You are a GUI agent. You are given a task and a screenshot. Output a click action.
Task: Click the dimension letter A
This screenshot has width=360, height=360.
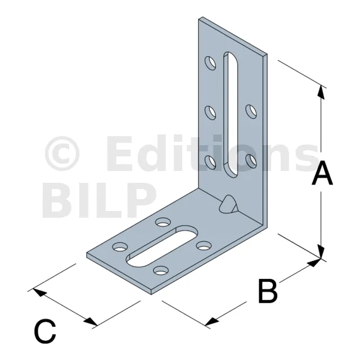tap(322, 173)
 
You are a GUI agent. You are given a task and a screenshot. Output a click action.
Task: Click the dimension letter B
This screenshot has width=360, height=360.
tap(268, 291)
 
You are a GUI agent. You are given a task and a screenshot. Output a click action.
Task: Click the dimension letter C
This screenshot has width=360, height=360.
tap(45, 331)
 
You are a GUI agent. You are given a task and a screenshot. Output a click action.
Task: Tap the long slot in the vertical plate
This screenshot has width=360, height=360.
tap(231, 114)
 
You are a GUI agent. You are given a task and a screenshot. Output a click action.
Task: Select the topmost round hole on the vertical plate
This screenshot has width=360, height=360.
tap(210, 63)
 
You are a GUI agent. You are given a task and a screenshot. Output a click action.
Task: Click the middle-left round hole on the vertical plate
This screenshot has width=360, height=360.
tap(210, 112)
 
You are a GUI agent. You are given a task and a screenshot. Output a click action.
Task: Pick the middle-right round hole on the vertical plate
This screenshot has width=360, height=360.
tap(251, 111)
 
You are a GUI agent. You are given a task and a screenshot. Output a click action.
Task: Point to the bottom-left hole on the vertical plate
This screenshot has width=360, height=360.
tap(210, 162)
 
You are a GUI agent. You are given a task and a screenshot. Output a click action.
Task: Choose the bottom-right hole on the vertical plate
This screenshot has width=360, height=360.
tap(251, 161)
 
